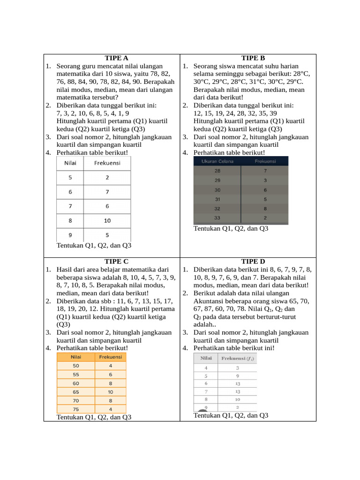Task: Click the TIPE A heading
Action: tap(116, 58)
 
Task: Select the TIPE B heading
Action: tap(253, 58)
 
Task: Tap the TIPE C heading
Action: tap(116, 262)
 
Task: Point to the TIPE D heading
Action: tap(253, 262)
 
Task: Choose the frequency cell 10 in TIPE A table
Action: tap(107, 220)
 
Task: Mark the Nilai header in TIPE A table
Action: tap(69, 163)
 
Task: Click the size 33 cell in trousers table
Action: tap(217, 218)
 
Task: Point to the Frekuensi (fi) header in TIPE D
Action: tap(238, 359)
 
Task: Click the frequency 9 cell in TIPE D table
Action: tap(238, 375)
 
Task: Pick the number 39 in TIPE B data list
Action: tap(273, 113)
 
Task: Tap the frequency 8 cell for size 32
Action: tap(265, 209)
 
